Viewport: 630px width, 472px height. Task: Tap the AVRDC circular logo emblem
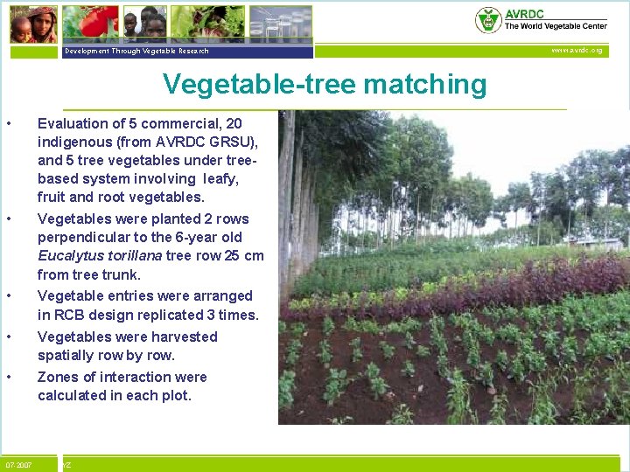[x=487, y=20]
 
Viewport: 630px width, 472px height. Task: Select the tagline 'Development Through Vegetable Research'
[x=136, y=52]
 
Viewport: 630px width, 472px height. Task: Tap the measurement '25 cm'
[x=243, y=256]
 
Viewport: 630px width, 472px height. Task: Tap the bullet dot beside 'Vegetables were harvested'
[x=9, y=337]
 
